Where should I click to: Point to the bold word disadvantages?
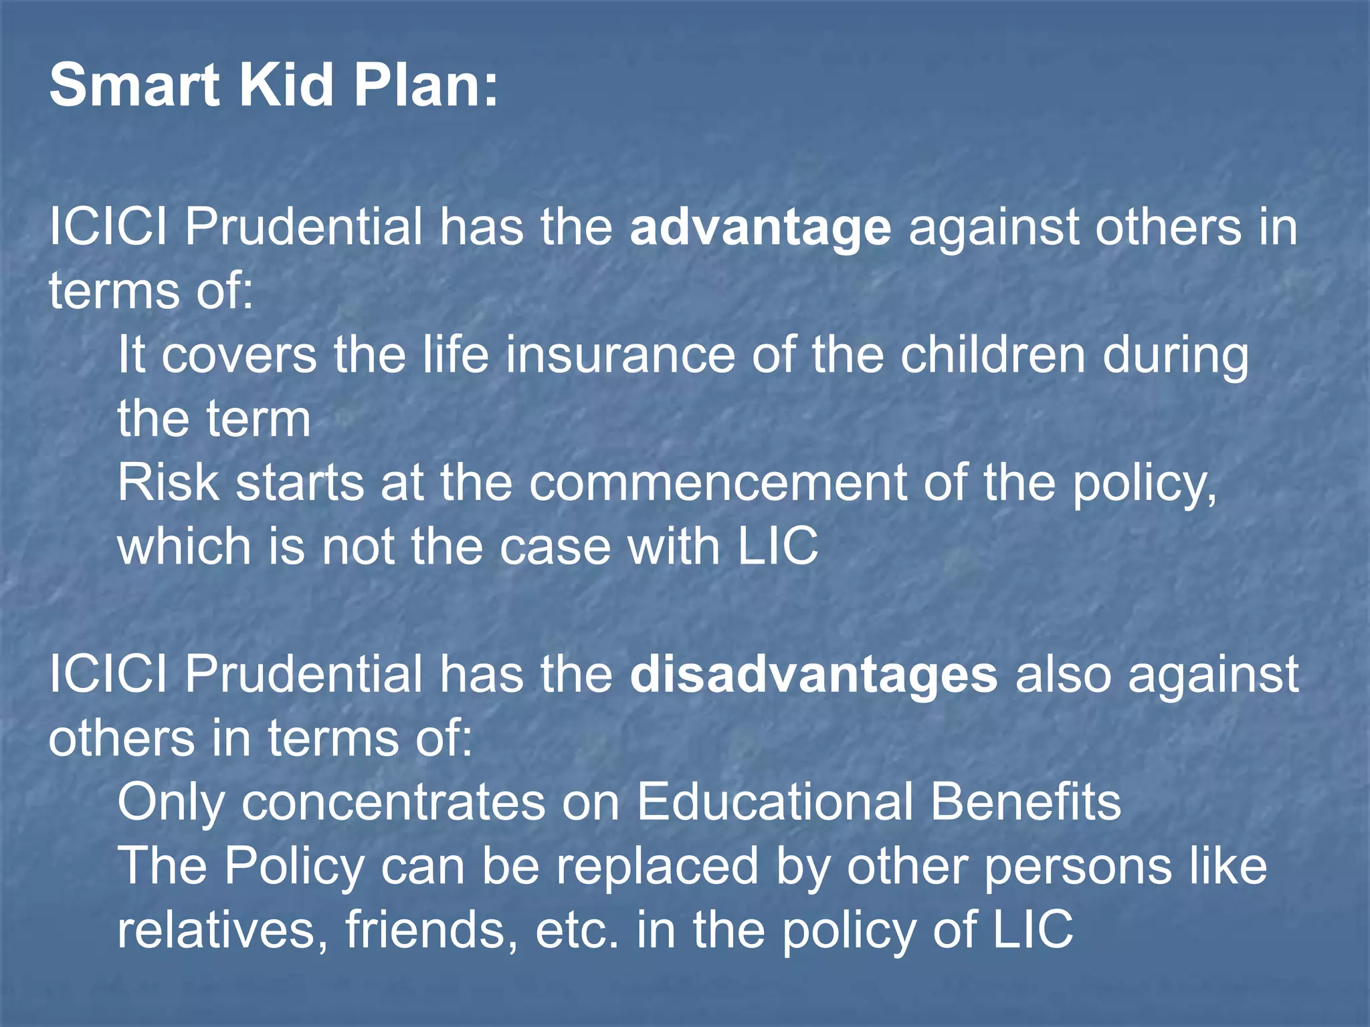813,675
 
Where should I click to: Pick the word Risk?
168,483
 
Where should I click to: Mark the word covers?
239,356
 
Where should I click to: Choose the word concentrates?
393,802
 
